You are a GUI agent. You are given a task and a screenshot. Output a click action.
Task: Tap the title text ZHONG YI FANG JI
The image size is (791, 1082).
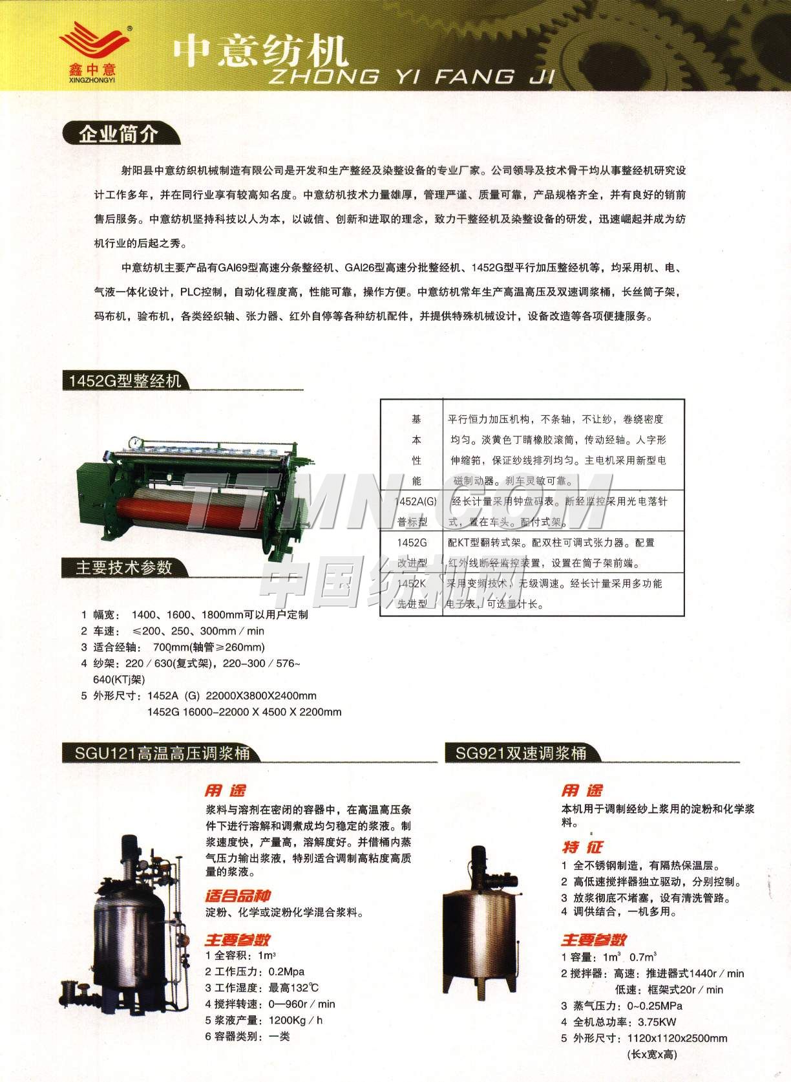411,78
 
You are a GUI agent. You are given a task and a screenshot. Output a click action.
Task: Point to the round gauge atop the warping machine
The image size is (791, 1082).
136,442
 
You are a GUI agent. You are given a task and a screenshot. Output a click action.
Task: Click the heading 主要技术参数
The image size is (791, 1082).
124,567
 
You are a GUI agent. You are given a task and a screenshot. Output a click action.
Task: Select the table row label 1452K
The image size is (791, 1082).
412,583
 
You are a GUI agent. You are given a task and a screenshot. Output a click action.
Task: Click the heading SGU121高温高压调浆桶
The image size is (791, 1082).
162,753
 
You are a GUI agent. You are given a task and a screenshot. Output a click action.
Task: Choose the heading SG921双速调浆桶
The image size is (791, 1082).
521,753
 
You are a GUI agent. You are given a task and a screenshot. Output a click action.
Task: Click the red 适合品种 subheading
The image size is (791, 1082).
238,896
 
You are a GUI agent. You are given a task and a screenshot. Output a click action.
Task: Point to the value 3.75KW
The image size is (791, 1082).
657,1022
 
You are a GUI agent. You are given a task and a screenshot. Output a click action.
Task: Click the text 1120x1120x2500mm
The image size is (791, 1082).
677,1038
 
